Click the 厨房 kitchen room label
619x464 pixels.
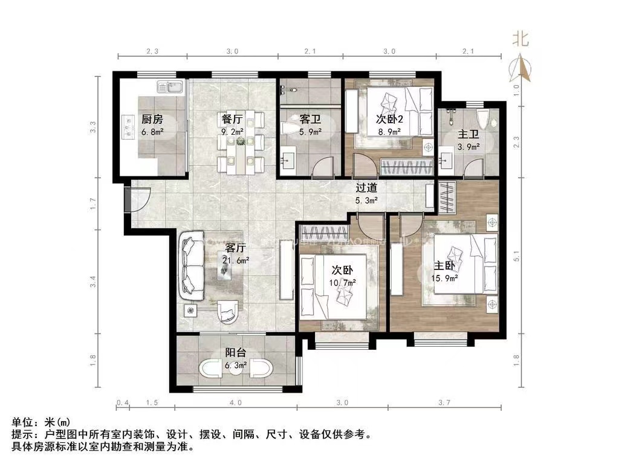pyautogui.click(x=152, y=119)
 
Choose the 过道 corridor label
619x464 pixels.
pyautogui.click(x=366, y=188)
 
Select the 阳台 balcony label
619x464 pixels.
pyautogui.click(x=235, y=353)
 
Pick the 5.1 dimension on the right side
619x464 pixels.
pyautogui.click(x=516, y=256)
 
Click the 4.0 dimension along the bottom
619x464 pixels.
pyautogui.click(x=235, y=402)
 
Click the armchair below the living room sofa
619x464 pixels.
pyautogui.click(x=227, y=312)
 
